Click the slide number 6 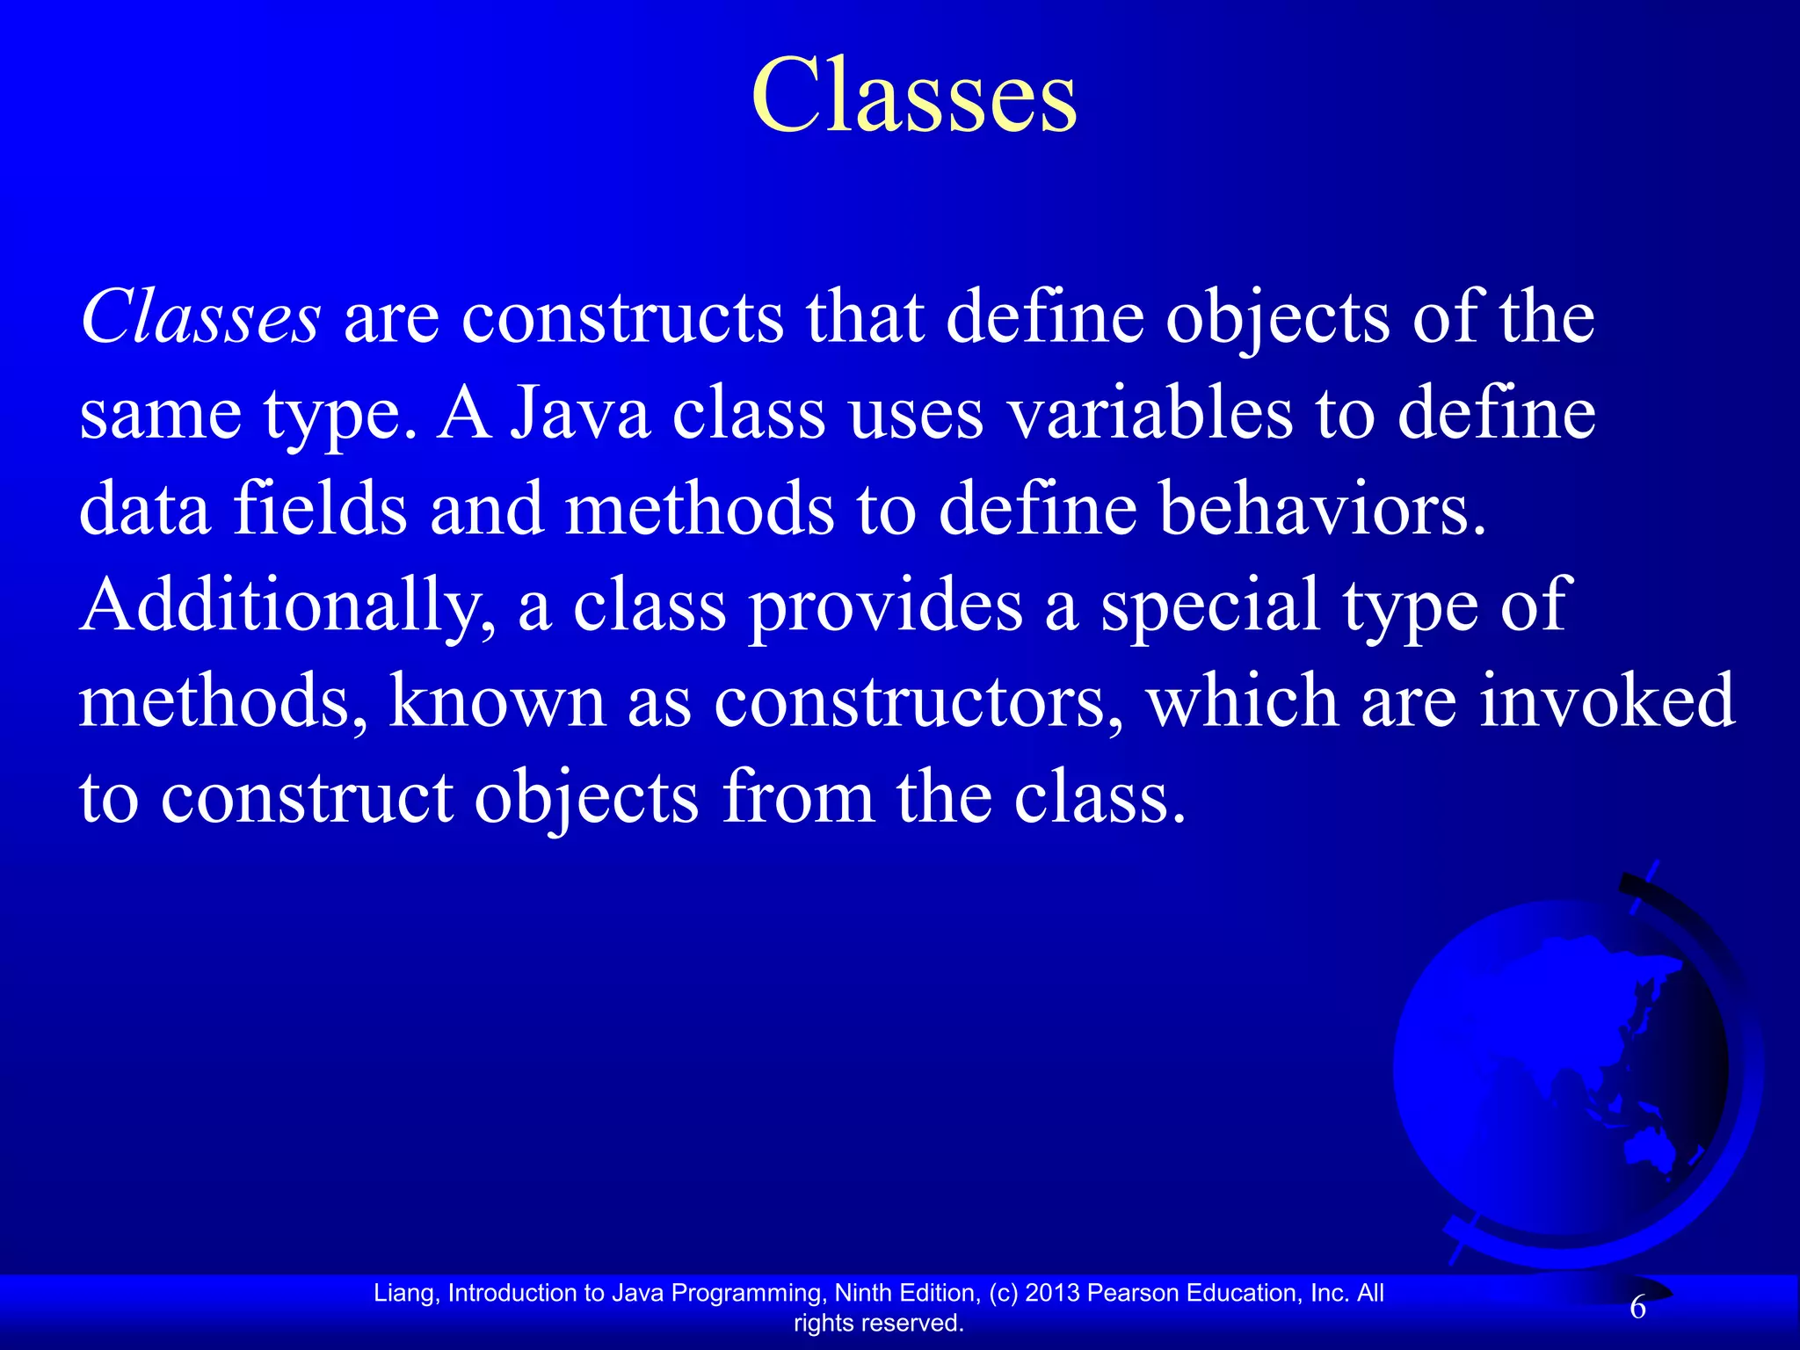click(x=1637, y=1309)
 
